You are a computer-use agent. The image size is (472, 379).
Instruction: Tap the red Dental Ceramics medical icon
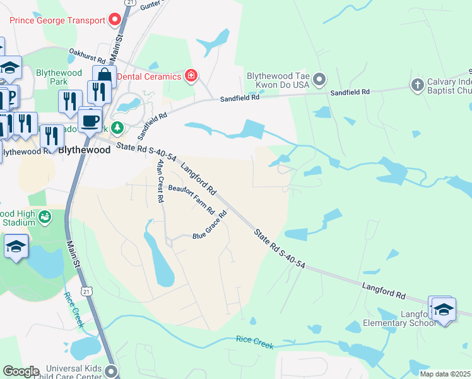pyautogui.click(x=191, y=77)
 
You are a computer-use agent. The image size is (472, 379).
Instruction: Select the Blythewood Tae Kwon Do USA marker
pyautogui.click(x=319, y=80)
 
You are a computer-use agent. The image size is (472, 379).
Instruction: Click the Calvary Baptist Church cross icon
pyautogui.click(x=416, y=84)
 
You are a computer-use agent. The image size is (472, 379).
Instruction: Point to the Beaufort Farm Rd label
pyautogui.click(x=191, y=199)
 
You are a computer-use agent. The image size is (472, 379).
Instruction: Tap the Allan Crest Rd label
pyautogui.click(x=160, y=181)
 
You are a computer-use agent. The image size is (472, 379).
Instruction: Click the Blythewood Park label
pyautogui.click(x=59, y=77)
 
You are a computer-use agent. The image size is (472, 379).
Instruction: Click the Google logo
pyautogui.click(x=20, y=371)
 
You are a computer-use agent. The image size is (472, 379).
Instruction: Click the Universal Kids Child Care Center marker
pyautogui.click(x=112, y=370)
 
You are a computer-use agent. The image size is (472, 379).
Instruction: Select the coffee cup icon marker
pyautogui.click(x=90, y=119)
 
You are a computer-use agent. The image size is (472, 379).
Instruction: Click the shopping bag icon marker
pyautogui.click(x=104, y=76)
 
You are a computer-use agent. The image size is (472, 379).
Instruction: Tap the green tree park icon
pyautogui.click(x=117, y=128)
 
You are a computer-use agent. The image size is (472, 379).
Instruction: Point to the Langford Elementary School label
pyautogui.click(x=399, y=318)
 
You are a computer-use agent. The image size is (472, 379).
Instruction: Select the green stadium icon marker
pyautogui.click(x=44, y=218)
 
